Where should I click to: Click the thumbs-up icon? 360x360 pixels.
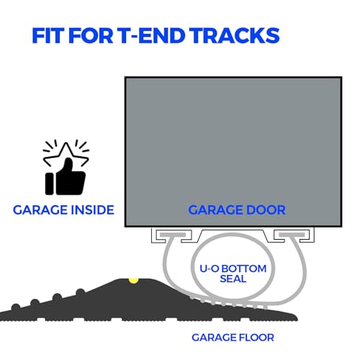click(66, 176)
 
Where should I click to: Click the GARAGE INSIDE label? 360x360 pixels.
click(63, 210)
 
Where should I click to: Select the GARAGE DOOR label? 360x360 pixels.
click(237, 210)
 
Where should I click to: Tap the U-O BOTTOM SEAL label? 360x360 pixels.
click(233, 274)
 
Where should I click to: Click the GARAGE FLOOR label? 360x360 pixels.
click(233, 338)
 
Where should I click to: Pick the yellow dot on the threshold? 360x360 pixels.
click(133, 281)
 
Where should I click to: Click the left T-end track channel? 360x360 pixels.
click(172, 235)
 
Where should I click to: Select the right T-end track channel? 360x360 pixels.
click(294, 235)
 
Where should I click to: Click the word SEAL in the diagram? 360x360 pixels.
click(233, 279)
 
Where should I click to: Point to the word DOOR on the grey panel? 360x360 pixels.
click(266, 210)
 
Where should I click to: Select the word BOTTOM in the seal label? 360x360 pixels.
click(244, 269)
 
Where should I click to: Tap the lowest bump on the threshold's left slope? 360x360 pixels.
click(16, 307)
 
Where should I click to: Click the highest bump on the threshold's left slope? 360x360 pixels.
click(81, 292)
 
